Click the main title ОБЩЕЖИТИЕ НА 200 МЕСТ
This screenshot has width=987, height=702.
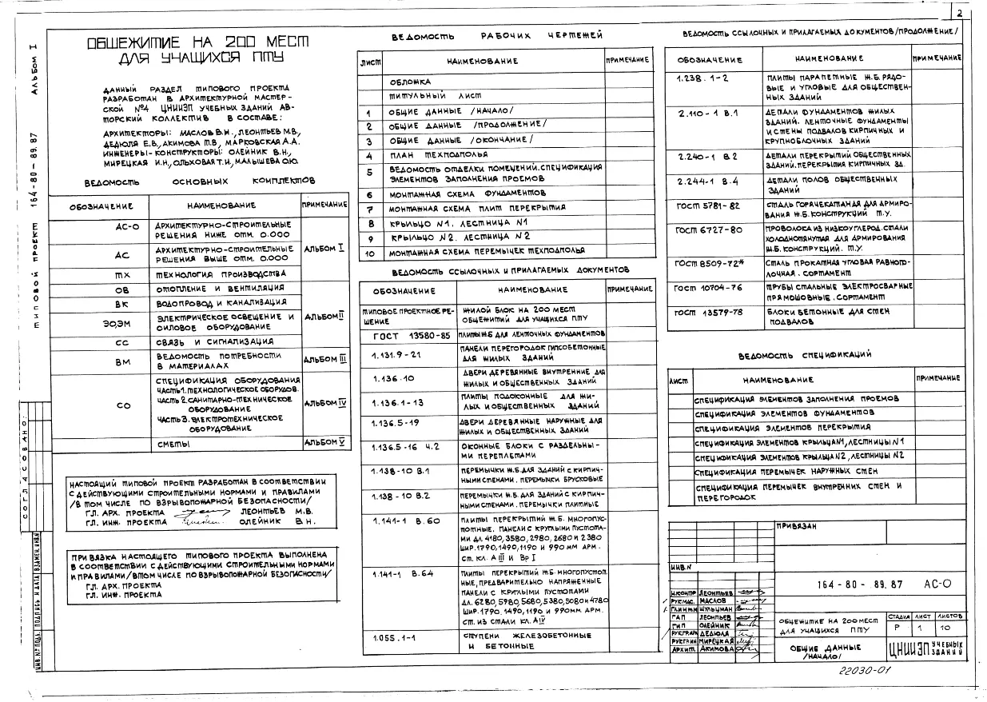click(185, 42)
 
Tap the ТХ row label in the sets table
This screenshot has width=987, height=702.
click(122, 273)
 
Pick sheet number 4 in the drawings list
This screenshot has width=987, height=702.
click(370, 155)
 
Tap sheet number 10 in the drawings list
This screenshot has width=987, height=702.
click(370, 253)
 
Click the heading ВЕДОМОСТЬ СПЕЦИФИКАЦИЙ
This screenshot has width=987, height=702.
click(804, 354)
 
